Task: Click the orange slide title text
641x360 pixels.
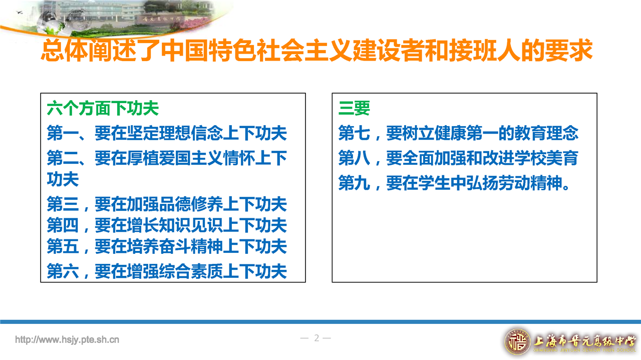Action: coord(317,51)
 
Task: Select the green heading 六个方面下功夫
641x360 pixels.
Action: coord(103,109)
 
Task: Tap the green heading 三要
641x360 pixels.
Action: coord(354,109)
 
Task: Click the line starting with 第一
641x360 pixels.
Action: coord(167,133)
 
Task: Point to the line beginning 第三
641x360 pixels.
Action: coord(167,204)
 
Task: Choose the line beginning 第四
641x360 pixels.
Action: coord(167,225)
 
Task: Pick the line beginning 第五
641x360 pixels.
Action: coord(167,246)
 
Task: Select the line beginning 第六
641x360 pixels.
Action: coord(167,271)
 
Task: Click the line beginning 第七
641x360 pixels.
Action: coord(458,133)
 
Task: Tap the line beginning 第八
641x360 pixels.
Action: coord(458,158)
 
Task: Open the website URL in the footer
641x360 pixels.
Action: coord(67,339)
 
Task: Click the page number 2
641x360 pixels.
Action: coord(316,338)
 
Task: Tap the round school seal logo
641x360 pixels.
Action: coord(517,341)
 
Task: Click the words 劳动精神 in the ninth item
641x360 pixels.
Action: coord(530,183)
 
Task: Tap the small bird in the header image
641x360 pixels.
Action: coord(20,13)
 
